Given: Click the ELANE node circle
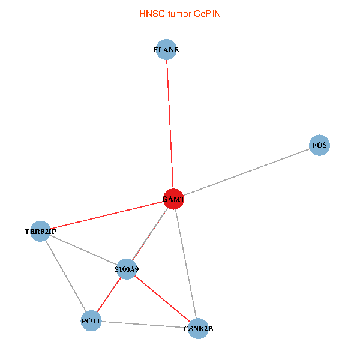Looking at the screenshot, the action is (x=167, y=50).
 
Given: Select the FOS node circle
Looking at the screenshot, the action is (x=320, y=145).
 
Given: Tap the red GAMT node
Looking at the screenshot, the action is (x=173, y=199).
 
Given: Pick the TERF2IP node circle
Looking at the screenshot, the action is (x=40, y=231).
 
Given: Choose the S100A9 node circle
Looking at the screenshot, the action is (x=126, y=269).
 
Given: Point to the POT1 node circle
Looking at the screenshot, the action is (x=91, y=322).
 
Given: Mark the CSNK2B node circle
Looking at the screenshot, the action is (x=198, y=328).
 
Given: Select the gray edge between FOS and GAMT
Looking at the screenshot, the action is (x=247, y=172).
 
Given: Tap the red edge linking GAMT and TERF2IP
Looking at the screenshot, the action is (x=107, y=215).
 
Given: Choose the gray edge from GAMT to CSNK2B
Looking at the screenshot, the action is (x=185, y=263).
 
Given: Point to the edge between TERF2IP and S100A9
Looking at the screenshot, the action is (x=83, y=250).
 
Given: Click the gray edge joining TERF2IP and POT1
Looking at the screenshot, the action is (x=65, y=276).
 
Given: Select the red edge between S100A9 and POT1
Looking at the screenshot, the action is (x=109, y=295).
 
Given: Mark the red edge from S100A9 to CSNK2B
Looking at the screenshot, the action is (x=162, y=299).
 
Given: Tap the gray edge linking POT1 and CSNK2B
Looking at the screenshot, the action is (x=145, y=325).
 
